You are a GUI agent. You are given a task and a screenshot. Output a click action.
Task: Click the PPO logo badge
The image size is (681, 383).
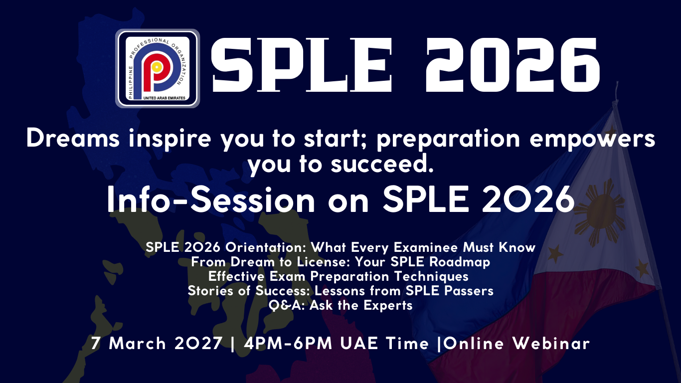158,68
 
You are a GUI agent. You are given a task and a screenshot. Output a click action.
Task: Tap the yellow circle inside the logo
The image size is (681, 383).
156,67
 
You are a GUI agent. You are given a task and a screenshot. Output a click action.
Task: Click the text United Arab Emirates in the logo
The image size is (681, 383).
164,98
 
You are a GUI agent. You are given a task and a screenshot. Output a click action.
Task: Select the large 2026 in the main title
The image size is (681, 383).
513,65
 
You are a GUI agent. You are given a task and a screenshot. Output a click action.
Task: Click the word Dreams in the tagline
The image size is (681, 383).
73,139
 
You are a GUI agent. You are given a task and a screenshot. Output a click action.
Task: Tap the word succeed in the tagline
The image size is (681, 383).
382,164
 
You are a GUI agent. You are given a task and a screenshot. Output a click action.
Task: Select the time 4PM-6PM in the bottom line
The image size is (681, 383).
288,344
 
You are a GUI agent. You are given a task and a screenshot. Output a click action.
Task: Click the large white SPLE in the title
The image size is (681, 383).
301,65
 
